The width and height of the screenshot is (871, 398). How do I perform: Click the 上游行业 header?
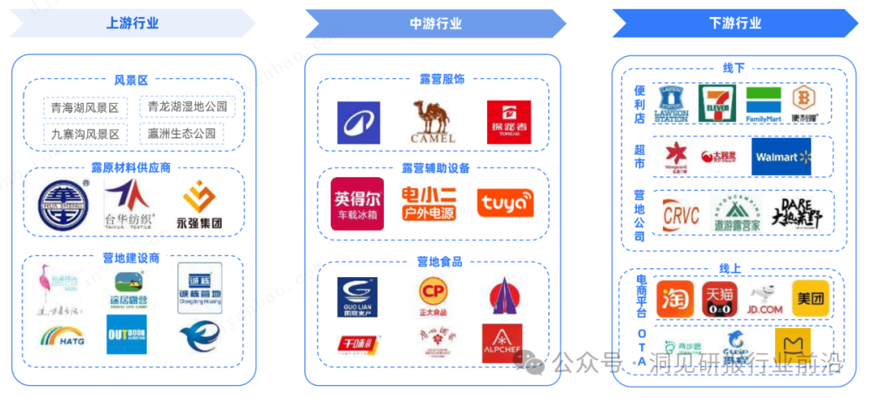132,23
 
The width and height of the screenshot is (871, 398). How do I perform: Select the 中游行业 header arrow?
435,23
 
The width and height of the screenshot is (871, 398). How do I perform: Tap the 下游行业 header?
735,23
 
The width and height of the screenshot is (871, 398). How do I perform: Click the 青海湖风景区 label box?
85,108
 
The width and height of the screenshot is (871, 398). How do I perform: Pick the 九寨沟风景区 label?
85,134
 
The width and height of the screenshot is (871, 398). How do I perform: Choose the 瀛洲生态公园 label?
182,133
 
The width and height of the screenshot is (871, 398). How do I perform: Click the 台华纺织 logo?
129,204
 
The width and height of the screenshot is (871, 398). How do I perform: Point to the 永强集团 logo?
198,204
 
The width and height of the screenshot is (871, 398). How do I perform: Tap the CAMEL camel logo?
434,122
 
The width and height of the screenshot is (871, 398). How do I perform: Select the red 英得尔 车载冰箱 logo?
357,204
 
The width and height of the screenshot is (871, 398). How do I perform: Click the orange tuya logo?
505,203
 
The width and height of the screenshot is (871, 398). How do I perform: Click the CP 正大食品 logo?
434,295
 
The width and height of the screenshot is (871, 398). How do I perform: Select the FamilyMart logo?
763,106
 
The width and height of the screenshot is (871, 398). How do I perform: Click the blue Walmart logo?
781,156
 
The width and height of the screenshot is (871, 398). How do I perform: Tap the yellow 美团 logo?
810,299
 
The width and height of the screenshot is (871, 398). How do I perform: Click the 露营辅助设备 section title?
435,168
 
